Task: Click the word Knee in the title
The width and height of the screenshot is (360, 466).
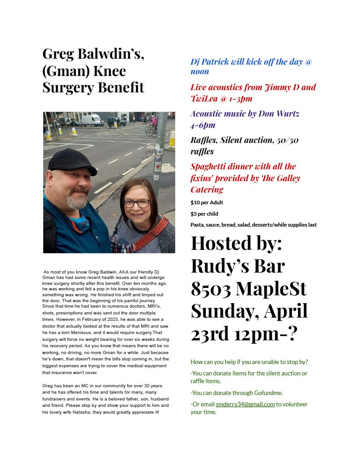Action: click(x=109, y=71)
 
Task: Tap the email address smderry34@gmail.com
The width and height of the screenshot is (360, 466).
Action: click(x=245, y=404)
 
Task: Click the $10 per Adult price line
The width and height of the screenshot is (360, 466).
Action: click(x=207, y=203)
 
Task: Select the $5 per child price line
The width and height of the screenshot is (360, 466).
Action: click(x=204, y=213)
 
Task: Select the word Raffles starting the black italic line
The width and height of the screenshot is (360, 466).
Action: click(x=204, y=140)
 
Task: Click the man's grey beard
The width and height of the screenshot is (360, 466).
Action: click(x=77, y=200)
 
